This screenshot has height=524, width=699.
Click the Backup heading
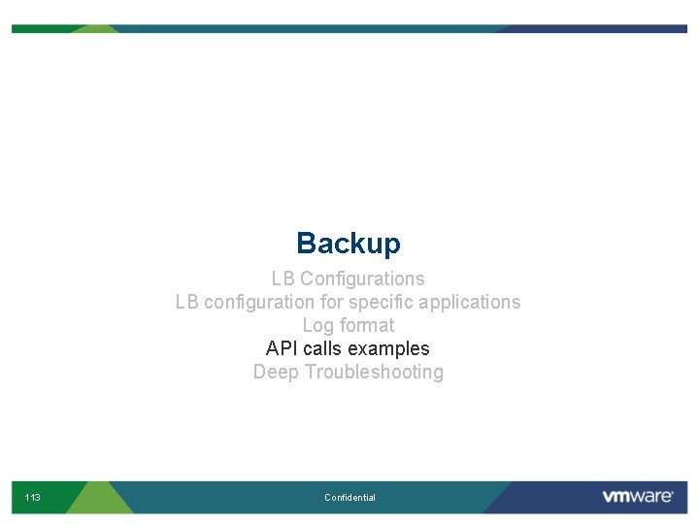(x=349, y=244)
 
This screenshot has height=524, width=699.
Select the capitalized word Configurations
(x=362, y=279)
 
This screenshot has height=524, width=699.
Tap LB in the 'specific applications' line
(x=187, y=303)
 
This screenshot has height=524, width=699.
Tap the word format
(x=367, y=326)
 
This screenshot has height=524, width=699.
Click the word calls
(x=322, y=349)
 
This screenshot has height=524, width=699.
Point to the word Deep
(x=276, y=373)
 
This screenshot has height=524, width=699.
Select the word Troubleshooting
(x=374, y=373)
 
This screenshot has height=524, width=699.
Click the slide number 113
(x=33, y=498)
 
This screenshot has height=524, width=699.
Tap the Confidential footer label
(x=349, y=498)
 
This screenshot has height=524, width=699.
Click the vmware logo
(x=638, y=497)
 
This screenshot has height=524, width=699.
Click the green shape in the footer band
(x=97, y=497)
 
